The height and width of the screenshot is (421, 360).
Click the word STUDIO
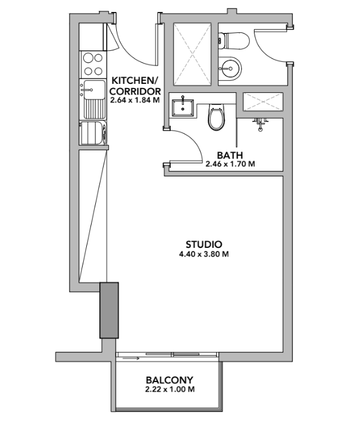pyautogui.click(x=204, y=244)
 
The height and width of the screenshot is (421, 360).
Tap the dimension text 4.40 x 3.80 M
pyautogui.click(x=204, y=254)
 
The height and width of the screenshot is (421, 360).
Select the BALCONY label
pyautogui.click(x=170, y=380)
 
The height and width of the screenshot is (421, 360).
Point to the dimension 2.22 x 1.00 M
pyautogui.click(x=170, y=389)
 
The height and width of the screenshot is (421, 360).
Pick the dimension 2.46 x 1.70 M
pyautogui.click(x=230, y=163)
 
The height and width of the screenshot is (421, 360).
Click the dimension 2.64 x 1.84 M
pyautogui.click(x=135, y=100)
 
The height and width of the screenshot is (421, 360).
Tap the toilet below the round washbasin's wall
pyautogui.click(x=216, y=117)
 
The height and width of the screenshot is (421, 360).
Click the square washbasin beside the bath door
pyautogui.click(x=182, y=108)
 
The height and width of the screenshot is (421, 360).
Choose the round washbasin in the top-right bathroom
pyautogui.click(x=228, y=67)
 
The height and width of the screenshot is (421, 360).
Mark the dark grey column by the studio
pyautogui.click(x=108, y=310)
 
